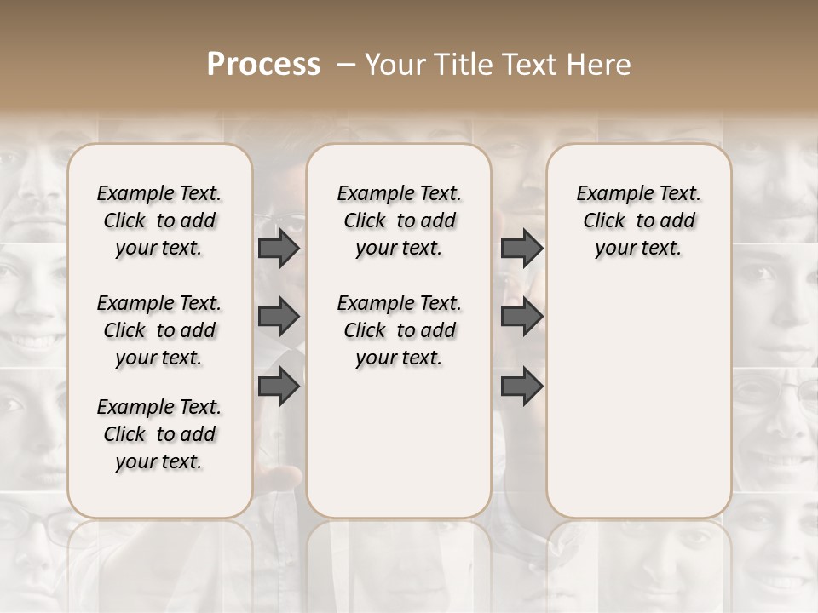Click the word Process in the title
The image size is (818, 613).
[263, 65]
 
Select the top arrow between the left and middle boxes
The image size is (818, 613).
[279, 248]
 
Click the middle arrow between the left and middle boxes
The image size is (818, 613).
[279, 318]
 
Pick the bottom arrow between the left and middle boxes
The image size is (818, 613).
[279, 386]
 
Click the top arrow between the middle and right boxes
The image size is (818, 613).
[521, 248]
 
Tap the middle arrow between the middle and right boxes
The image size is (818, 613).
[521, 318]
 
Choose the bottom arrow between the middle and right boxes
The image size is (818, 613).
[521, 386]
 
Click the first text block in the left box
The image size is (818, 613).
[158, 221]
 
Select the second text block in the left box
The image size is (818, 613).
[158, 330]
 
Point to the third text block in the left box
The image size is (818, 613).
[158, 434]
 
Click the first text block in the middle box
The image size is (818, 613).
[399, 221]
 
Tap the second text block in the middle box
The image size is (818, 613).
[399, 330]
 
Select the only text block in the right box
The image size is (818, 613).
[638, 221]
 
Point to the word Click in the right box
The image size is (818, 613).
[604, 221]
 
